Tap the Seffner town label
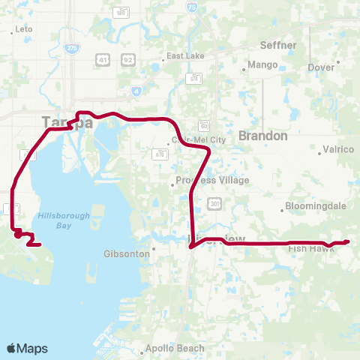pos(278,45)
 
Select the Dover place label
pos(321,67)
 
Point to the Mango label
pos(262,64)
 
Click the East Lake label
pos(185,56)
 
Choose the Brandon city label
pos(262,136)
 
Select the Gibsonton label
pos(127,254)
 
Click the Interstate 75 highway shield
pos(194,7)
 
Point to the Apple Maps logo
pos(27,348)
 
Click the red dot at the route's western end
pos(17,235)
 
